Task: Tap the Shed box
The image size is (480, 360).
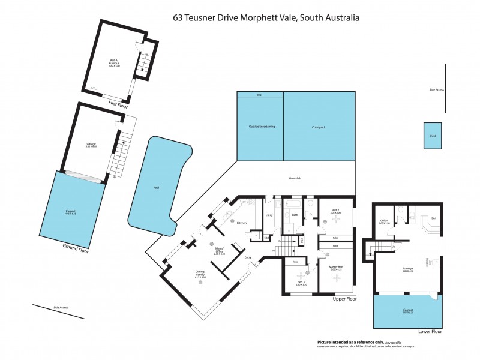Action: point(432,136)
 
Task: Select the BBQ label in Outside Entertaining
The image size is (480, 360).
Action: point(259,95)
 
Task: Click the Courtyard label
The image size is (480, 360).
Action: point(318,127)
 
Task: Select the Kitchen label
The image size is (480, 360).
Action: point(242,223)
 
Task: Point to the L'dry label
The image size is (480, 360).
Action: point(269,215)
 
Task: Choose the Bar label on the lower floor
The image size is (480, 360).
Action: point(433,218)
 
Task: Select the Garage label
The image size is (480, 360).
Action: point(91,145)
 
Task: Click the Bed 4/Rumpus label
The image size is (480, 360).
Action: point(114,62)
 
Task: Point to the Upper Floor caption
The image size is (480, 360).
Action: point(344,298)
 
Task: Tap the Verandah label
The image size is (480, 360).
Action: point(295,178)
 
